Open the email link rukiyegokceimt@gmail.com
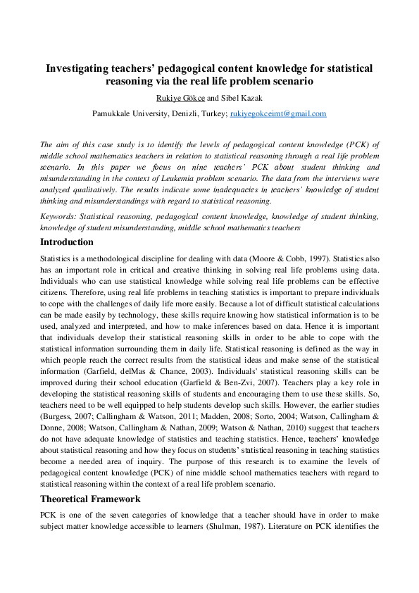[x=278, y=113]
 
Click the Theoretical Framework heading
[x=91, y=499]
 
